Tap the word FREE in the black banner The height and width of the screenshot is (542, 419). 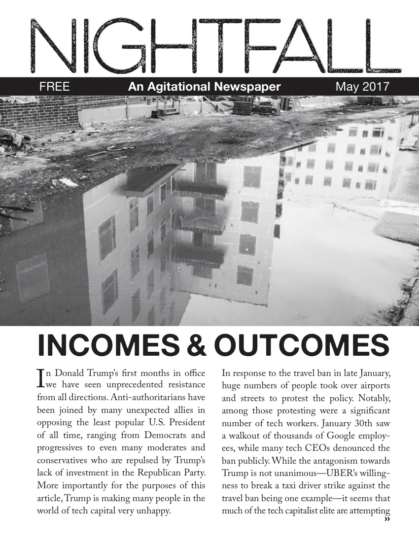pos(54,87)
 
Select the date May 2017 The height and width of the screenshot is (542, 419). pos(362,87)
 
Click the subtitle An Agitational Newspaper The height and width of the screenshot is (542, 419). pos(204,87)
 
